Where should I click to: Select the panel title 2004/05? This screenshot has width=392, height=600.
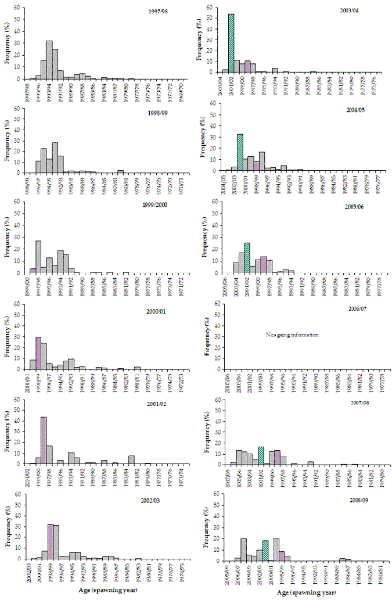354,110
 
